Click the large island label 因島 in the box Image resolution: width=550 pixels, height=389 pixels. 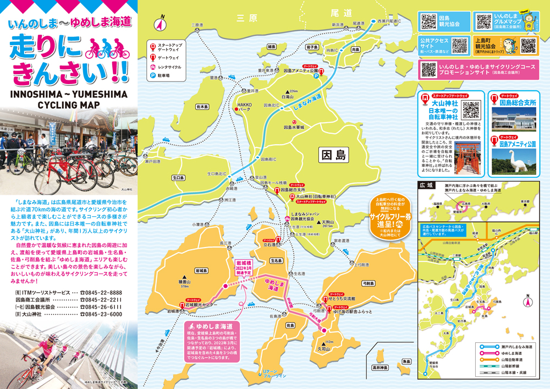334,156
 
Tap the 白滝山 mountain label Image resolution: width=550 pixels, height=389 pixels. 288,97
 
